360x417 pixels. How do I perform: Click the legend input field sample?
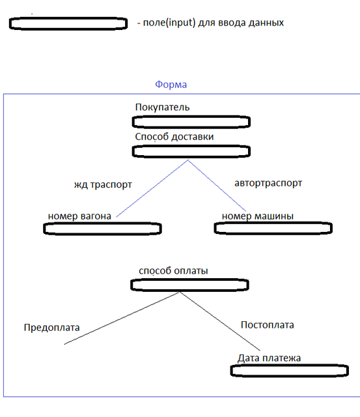point(68,23)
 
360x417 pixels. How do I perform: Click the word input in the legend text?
point(181,23)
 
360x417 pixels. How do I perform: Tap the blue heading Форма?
point(171,85)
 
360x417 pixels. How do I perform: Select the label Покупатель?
point(162,107)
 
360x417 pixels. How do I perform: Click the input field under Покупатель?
point(191,122)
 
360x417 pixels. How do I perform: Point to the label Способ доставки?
point(174,137)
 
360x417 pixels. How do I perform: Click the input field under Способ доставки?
point(191,152)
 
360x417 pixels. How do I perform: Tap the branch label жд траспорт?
point(103,184)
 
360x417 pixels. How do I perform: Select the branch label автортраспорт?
point(268,183)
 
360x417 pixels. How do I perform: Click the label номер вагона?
point(79,216)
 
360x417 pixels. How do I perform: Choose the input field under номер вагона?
point(103,229)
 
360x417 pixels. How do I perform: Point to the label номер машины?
point(258,216)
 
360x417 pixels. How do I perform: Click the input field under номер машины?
point(273,228)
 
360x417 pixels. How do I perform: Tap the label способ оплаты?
point(173,271)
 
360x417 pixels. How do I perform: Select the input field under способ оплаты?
point(189,285)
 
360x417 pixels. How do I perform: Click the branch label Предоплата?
point(52,327)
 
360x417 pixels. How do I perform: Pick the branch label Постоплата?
point(268,325)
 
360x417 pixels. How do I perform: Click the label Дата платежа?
point(269,358)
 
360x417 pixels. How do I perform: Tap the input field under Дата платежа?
point(290,371)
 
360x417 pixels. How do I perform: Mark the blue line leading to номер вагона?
point(152,188)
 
